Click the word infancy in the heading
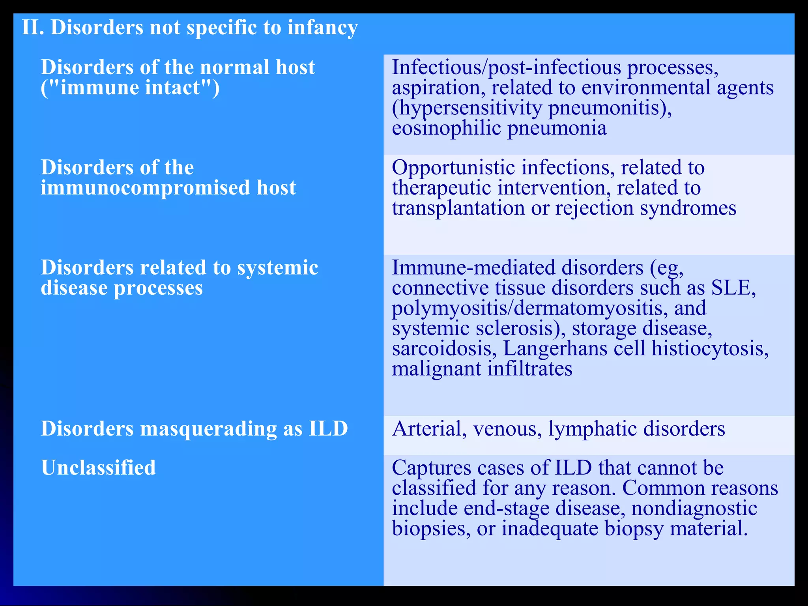322,28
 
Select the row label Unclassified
98,468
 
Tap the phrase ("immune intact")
130,88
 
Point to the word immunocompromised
146,188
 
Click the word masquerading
208,429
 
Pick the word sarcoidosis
444,349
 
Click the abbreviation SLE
733,288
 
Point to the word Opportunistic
453,168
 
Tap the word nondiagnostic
694,508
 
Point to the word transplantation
458,208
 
